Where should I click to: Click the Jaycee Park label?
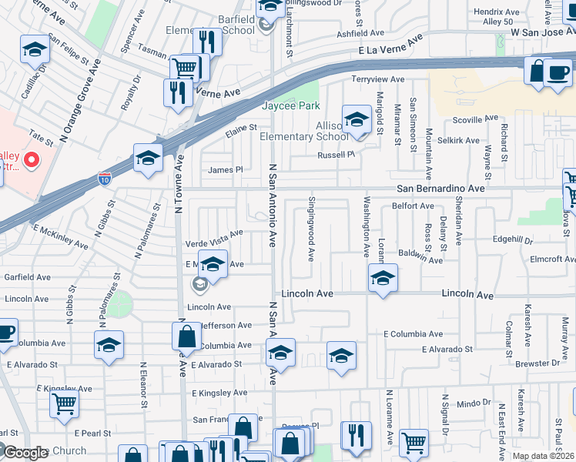pos(289,105)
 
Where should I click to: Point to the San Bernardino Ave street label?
pos(440,188)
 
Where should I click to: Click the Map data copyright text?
pos(543,456)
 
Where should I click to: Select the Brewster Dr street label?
pos(538,362)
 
